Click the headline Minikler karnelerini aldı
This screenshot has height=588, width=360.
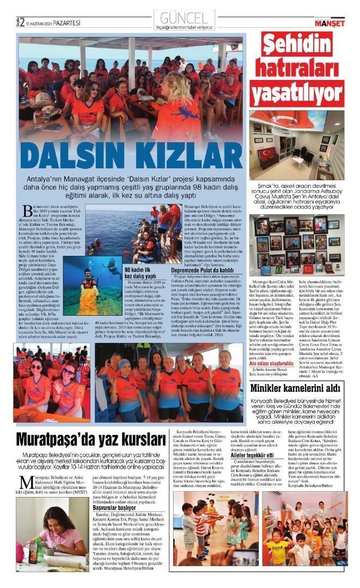point(297,389)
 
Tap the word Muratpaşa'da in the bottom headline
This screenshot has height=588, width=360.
point(57,439)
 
